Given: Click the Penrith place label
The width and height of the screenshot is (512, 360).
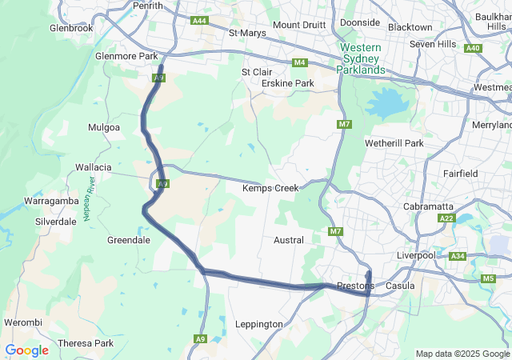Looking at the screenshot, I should click(x=148, y=6).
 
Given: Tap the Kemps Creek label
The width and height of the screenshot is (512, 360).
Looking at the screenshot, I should click(x=270, y=188).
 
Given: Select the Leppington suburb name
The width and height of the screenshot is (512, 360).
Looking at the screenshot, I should click(x=258, y=324).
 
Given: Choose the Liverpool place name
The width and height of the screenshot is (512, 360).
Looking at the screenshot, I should click(x=416, y=255).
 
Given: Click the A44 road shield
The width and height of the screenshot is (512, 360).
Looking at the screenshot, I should click(x=199, y=20).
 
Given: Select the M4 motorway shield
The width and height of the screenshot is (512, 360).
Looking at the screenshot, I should click(x=300, y=62).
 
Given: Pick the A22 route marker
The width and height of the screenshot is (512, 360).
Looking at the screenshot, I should click(x=446, y=218).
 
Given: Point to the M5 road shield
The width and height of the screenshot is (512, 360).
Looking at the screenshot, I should click(x=488, y=278).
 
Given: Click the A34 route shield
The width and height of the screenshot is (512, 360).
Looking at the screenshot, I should click(x=458, y=256).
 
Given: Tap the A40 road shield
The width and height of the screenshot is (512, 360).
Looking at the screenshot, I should click(x=473, y=48).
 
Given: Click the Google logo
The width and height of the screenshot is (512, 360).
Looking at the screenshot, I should click(x=26, y=350).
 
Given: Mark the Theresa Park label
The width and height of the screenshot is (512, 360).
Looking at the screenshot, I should click(x=86, y=343).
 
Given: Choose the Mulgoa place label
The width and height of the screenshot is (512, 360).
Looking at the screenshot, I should click(x=104, y=127).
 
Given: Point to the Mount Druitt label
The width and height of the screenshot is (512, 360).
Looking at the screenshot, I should click(x=299, y=25).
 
